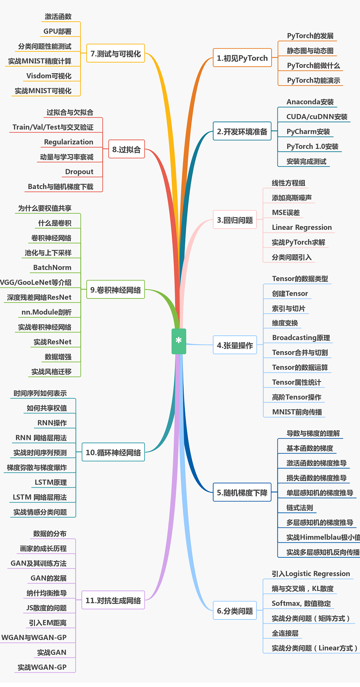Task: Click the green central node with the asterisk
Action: (x=179, y=341)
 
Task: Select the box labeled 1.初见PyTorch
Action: (x=242, y=58)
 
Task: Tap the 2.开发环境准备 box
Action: (x=242, y=131)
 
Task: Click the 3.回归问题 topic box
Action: (x=235, y=220)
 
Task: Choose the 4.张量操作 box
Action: (x=235, y=345)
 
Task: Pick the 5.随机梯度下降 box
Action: (x=242, y=493)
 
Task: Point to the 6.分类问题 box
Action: (x=235, y=611)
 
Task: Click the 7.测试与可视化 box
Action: (x=115, y=54)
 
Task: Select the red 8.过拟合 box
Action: (x=126, y=149)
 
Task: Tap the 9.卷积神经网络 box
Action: (x=115, y=290)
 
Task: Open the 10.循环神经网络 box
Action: (x=113, y=452)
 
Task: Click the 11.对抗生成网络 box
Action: (x=113, y=600)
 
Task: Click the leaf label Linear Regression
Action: (x=302, y=227)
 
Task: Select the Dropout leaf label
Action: (x=79, y=172)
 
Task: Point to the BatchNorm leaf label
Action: (x=52, y=267)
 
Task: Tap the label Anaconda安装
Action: (x=310, y=102)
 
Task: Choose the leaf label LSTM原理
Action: (x=51, y=483)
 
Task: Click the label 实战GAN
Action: (x=52, y=652)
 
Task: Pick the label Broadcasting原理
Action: (x=301, y=337)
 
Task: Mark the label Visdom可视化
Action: (x=49, y=76)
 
